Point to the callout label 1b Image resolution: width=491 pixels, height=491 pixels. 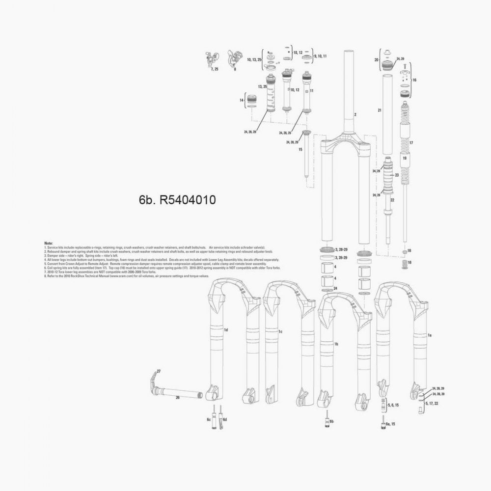click(336, 345)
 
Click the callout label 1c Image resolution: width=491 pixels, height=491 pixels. click(280, 332)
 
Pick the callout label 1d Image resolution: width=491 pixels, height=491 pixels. click(226, 329)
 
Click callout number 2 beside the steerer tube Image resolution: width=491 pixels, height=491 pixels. click(355, 115)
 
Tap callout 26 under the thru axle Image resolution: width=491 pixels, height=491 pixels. click(178, 398)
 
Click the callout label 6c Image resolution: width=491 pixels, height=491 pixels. click(208, 420)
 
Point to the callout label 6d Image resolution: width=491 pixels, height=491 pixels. click(224, 420)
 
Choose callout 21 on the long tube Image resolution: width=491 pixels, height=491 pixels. click(379, 111)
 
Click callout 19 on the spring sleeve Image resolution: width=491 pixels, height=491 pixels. click(405, 159)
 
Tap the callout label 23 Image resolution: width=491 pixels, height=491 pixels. click(396, 174)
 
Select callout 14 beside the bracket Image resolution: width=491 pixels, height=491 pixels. click(242, 100)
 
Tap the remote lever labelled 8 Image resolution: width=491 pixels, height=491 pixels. click(234, 57)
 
